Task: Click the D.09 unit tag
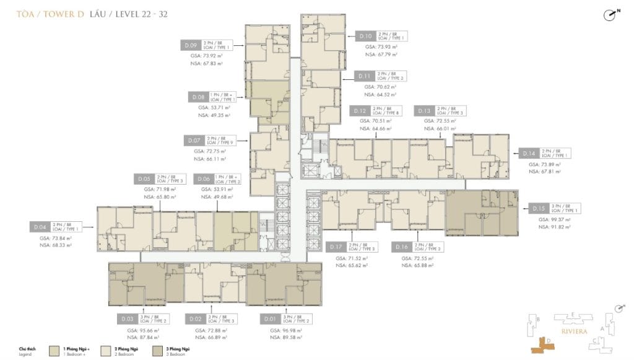point(191,45)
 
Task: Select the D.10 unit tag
point(366,37)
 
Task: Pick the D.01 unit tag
point(269,319)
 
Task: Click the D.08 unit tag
point(198,97)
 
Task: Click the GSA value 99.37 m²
point(549,220)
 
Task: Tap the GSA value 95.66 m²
point(140,330)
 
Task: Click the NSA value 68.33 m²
point(56,245)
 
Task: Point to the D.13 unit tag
point(424,111)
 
